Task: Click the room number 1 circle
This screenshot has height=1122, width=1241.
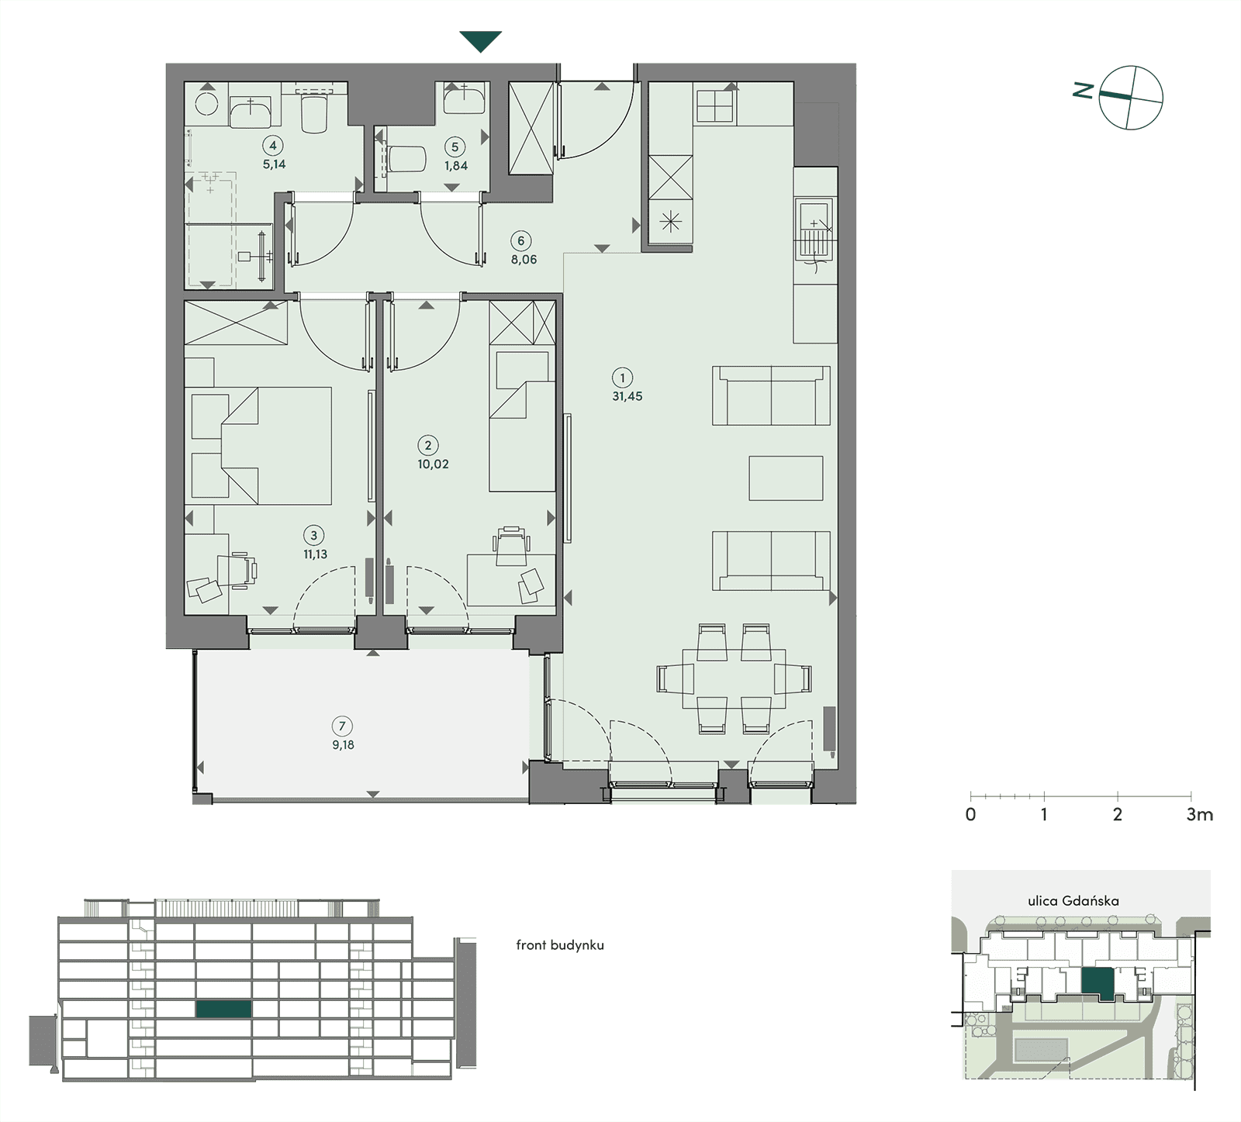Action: point(622,378)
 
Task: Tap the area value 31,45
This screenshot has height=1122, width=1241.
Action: point(627,396)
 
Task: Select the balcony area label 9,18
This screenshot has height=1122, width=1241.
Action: point(343,745)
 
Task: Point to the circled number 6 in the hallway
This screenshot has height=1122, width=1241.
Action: point(521,241)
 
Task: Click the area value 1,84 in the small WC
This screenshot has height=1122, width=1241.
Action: point(456,166)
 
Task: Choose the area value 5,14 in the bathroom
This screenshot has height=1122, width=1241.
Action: point(274,164)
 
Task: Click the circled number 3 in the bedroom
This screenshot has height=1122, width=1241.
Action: point(314,536)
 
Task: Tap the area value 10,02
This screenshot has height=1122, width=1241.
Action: point(433,464)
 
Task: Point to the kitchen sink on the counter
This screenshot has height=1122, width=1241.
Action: point(814,229)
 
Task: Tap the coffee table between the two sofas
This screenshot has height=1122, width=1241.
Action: point(786,478)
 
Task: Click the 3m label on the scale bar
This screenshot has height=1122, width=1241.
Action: point(1200,815)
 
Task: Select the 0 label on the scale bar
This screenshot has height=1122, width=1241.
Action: point(970,815)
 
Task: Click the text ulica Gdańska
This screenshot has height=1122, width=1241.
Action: point(1073,901)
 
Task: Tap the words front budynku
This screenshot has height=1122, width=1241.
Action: point(560,945)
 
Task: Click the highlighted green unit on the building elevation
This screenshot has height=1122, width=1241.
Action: point(223,1010)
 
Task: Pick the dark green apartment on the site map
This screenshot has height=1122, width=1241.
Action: point(1098,983)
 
